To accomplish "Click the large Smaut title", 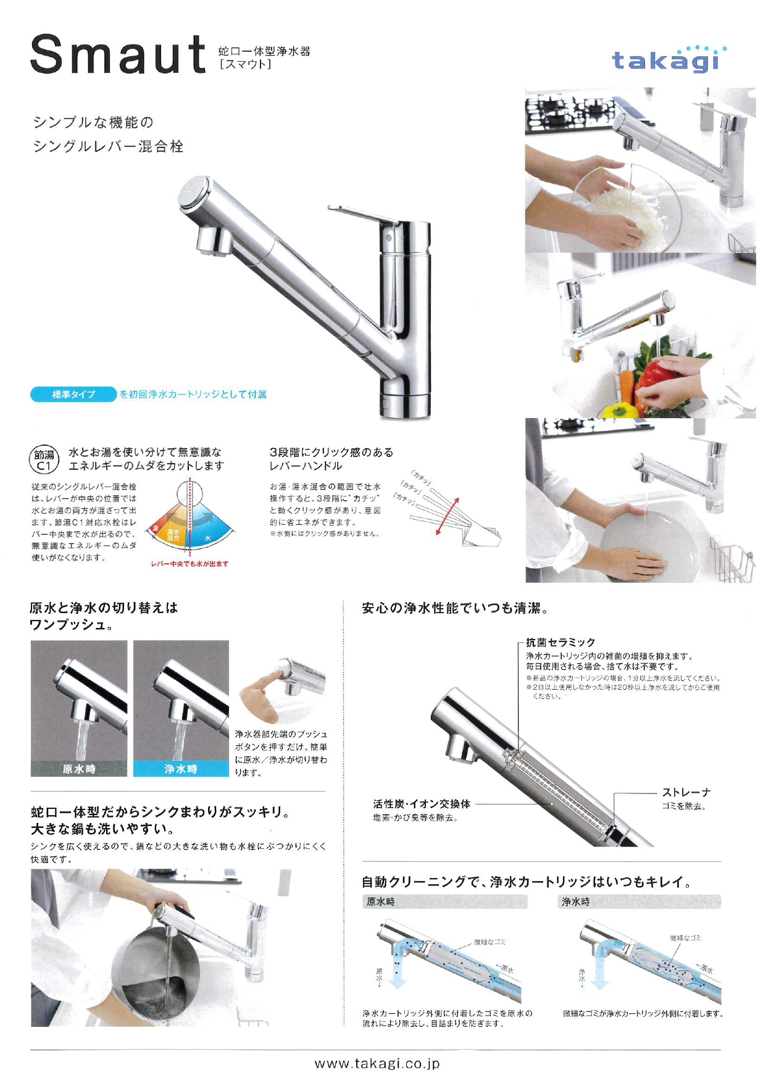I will click(118, 56).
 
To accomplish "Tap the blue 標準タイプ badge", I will click(73, 395).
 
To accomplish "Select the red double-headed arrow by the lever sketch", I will click(447, 516).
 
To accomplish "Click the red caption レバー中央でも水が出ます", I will click(189, 564).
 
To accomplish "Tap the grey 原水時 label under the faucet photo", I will click(79, 769).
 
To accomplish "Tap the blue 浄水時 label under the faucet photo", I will click(181, 769).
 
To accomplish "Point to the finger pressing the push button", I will click(262, 685).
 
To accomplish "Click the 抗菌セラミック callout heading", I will click(560, 643).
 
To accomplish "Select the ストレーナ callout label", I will click(686, 792).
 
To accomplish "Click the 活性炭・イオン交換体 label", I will click(422, 804).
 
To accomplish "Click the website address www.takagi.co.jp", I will click(377, 1063).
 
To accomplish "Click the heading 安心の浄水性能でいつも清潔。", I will click(455, 608).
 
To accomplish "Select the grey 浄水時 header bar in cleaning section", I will click(639, 902).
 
